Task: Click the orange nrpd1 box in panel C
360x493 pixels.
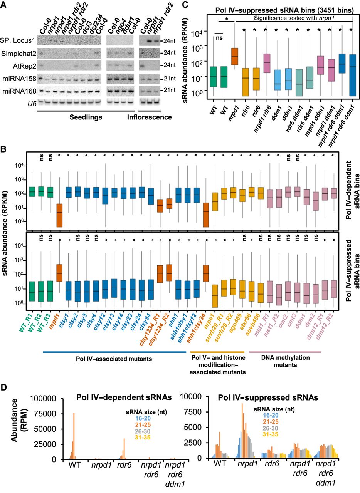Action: (234, 57)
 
